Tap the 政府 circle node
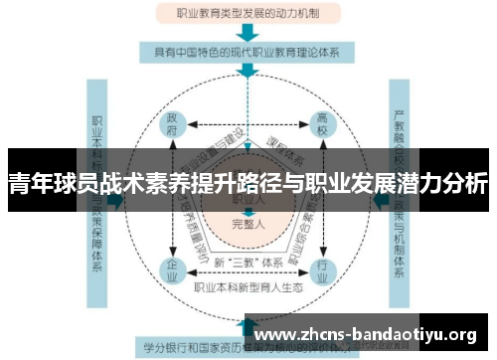pyautogui.click(x=172, y=128)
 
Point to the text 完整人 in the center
pyautogui.click(x=247, y=224)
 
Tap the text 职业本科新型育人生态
pyautogui.click(x=247, y=288)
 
